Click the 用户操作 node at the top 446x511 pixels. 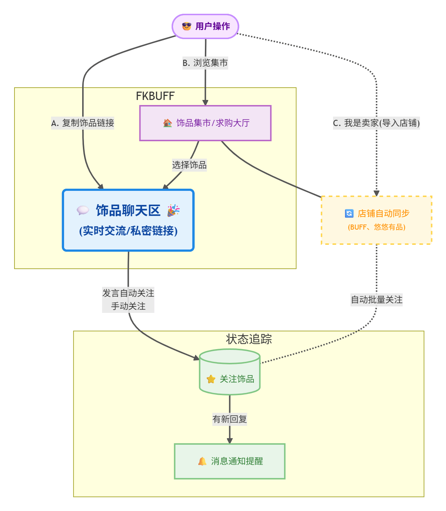[205, 26]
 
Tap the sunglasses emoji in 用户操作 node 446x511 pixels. [186, 26]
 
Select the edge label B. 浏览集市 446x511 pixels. [205, 63]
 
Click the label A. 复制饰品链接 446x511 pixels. [83, 123]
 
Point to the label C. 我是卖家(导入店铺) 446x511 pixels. [376, 123]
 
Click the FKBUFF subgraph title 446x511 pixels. [155, 96]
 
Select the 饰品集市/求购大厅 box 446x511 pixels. [205, 123]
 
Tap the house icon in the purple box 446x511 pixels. [168, 123]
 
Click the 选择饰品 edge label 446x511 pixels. [189, 165]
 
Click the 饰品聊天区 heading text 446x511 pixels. [128, 210]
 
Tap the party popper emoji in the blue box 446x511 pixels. [173, 210]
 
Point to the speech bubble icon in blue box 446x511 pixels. [83, 210]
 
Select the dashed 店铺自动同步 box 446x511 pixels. [376, 220]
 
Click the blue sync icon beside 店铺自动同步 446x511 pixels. [349, 213]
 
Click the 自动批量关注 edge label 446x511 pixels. [376, 300]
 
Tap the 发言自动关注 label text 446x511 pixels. [128, 293]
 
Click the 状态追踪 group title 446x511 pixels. [249, 339]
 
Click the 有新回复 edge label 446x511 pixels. [230, 419]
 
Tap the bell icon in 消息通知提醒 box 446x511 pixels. [202, 461]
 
